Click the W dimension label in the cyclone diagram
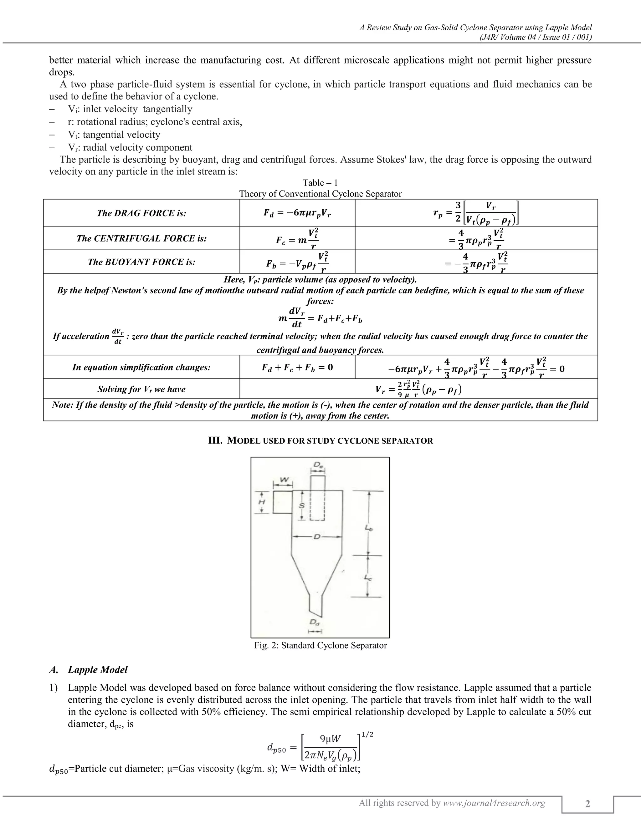(283, 480)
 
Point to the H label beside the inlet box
(262, 502)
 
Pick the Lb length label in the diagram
(368, 528)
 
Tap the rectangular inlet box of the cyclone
(282, 502)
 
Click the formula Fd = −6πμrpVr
(297, 213)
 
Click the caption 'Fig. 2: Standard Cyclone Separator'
(320, 645)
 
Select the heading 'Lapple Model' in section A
(98, 669)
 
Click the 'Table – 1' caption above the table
(320, 183)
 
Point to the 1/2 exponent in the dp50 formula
(367, 735)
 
